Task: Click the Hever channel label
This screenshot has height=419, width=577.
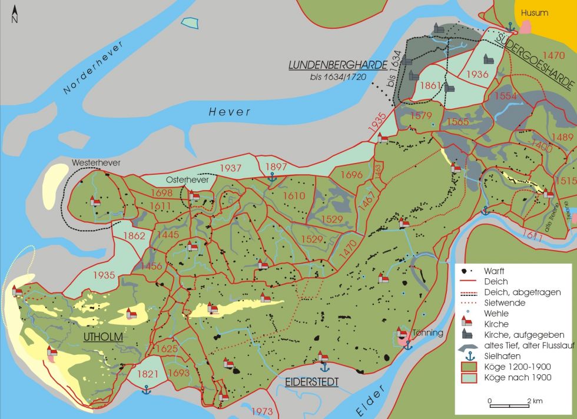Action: (x=230, y=112)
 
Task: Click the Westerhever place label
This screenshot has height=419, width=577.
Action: (x=92, y=162)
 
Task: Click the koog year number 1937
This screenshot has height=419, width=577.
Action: (x=231, y=168)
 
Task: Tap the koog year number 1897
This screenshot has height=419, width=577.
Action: (x=277, y=167)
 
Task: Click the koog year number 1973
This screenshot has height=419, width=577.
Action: (x=263, y=411)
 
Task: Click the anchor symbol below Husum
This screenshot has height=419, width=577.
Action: (x=510, y=26)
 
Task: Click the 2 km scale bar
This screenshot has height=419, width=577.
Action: (x=509, y=405)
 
